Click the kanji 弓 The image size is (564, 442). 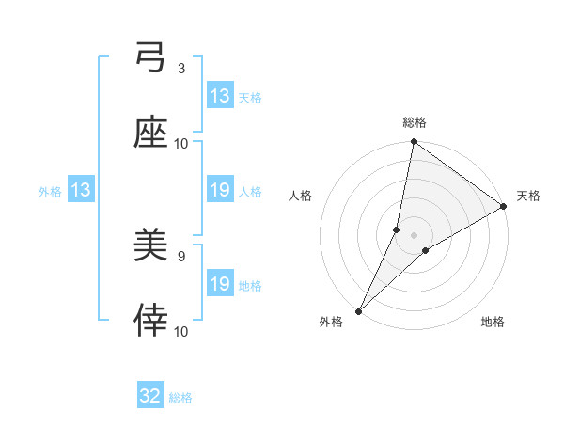pyautogui.click(x=151, y=61)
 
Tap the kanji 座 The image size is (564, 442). pyautogui.click(x=151, y=134)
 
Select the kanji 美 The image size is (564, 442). pyautogui.click(x=151, y=248)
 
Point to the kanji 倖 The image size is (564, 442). pyautogui.click(x=151, y=321)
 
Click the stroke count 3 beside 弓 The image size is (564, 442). pyautogui.click(x=181, y=69)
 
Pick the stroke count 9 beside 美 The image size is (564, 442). pyautogui.click(x=181, y=256)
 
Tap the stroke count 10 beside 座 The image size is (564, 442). pyautogui.click(x=181, y=143)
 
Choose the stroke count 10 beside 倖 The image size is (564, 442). pyautogui.click(x=181, y=331)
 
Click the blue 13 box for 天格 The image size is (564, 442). pyautogui.click(x=220, y=95)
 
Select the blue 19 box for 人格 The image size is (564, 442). pyautogui.click(x=220, y=190)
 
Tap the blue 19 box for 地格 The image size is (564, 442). pyautogui.click(x=220, y=284)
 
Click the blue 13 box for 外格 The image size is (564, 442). pyautogui.click(x=80, y=190)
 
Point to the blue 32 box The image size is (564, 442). pyautogui.click(x=150, y=397)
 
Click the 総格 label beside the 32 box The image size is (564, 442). pyautogui.click(x=180, y=398)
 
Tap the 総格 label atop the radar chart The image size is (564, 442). pyautogui.click(x=415, y=121)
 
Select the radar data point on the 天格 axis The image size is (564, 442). pyautogui.click(x=504, y=207)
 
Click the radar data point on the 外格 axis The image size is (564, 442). pyautogui.click(x=358, y=310)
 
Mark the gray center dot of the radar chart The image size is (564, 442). pyautogui.click(x=415, y=235)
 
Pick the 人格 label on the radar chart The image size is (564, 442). pyautogui.click(x=301, y=196)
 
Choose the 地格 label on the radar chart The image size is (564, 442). pyautogui.click(x=493, y=322)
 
